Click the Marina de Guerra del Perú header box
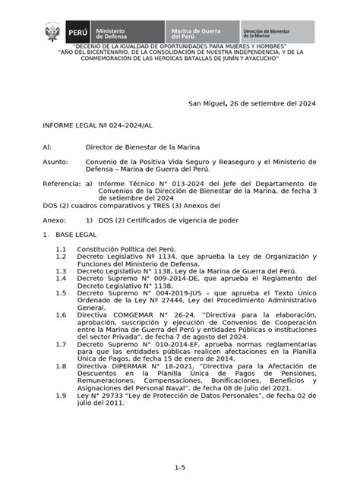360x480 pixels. point(202,33)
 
